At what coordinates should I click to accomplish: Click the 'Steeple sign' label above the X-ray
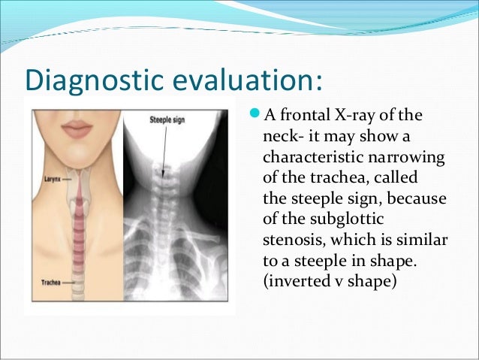(x=167, y=117)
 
